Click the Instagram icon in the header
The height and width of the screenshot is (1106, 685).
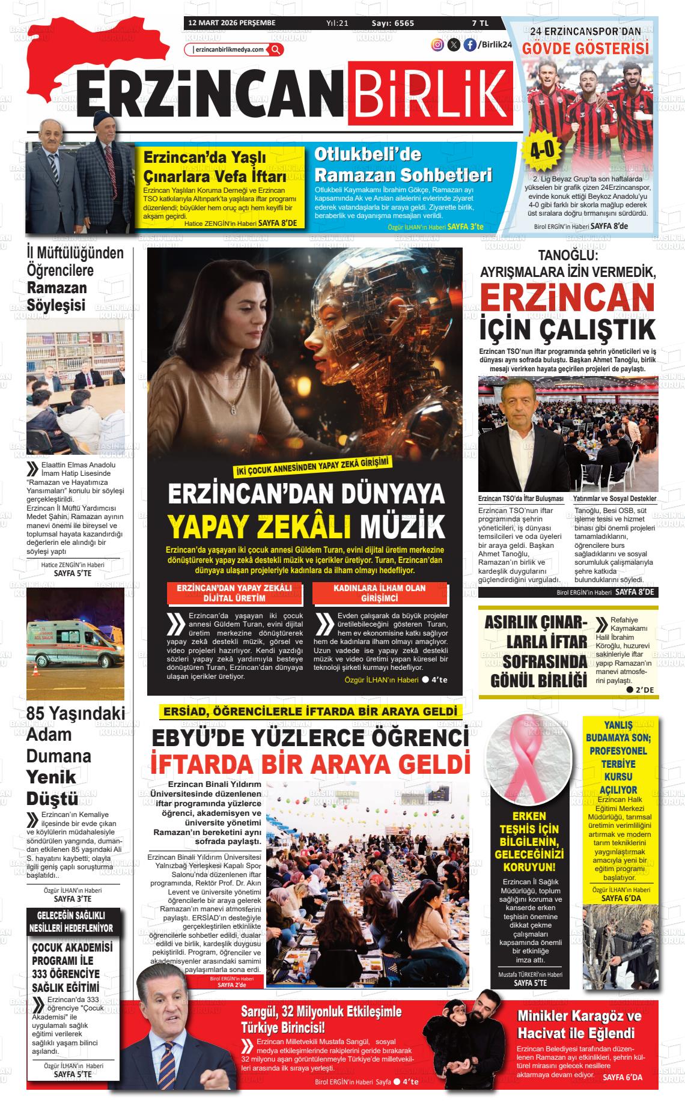click(437, 44)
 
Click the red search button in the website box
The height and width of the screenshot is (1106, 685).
click(275, 49)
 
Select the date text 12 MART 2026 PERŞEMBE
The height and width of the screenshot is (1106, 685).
click(232, 23)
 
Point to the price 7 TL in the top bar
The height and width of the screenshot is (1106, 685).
click(480, 23)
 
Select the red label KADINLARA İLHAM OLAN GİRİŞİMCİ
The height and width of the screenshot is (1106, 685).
click(379, 593)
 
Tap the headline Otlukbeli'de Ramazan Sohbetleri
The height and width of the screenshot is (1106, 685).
click(403, 165)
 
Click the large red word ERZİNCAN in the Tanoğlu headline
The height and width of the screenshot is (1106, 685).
click(567, 298)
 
